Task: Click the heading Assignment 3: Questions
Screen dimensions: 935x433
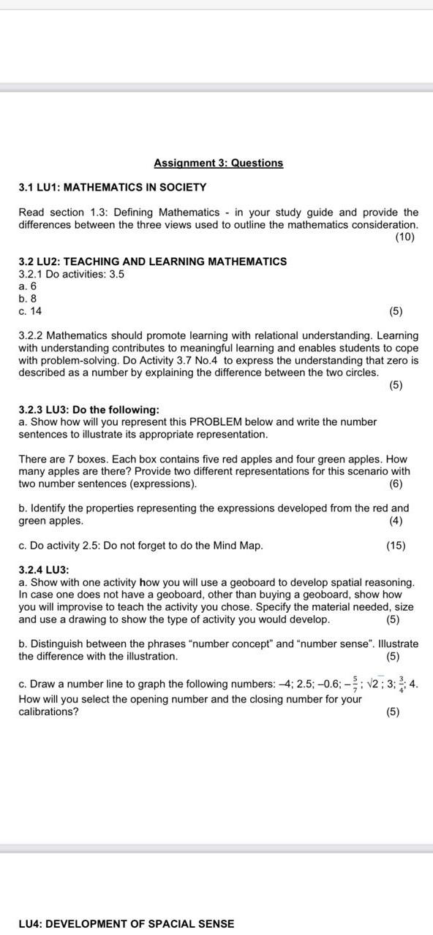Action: (x=218, y=163)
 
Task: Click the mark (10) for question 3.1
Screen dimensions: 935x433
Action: (x=404, y=237)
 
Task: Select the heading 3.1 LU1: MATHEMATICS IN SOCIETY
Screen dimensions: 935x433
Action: (x=112, y=187)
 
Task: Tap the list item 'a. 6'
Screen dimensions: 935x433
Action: (x=27, y=286)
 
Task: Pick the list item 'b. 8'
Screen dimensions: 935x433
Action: (x=27, y=299)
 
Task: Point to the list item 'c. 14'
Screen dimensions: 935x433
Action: (x=30, y=311)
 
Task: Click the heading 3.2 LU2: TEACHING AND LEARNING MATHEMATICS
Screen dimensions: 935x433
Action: (x=152, y=262)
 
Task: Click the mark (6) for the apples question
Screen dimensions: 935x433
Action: (x=396, y=484)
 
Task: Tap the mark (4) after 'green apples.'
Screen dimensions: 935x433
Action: (x=396, y=521)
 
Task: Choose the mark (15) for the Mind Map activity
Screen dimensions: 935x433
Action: (x=396, y=546)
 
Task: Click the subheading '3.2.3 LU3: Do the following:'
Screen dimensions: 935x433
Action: (x=89, y=410)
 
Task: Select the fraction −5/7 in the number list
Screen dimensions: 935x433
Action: (x=351, y=684)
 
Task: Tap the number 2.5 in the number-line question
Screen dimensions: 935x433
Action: (x=305, y=684)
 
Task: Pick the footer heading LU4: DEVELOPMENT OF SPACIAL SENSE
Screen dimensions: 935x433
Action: (x=127, y=924)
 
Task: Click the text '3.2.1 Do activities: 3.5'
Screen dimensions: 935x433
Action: (x=72, y=274)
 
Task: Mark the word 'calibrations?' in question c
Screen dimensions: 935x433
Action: (x=49, y=711)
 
